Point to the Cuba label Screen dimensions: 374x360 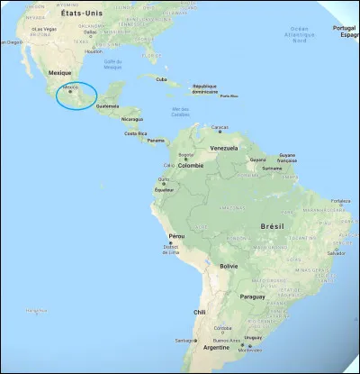[x=162, y=78]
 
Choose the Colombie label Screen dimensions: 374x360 [x=191, y=165]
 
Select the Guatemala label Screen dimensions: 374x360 [x=108, y=106]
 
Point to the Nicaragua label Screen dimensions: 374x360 [x=132, y=118]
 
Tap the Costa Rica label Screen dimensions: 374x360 [x=136, y=132]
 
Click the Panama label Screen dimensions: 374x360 [x=156, y=141]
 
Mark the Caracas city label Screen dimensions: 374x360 [x=220, y=127]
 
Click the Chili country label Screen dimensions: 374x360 [x=200, y=313]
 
